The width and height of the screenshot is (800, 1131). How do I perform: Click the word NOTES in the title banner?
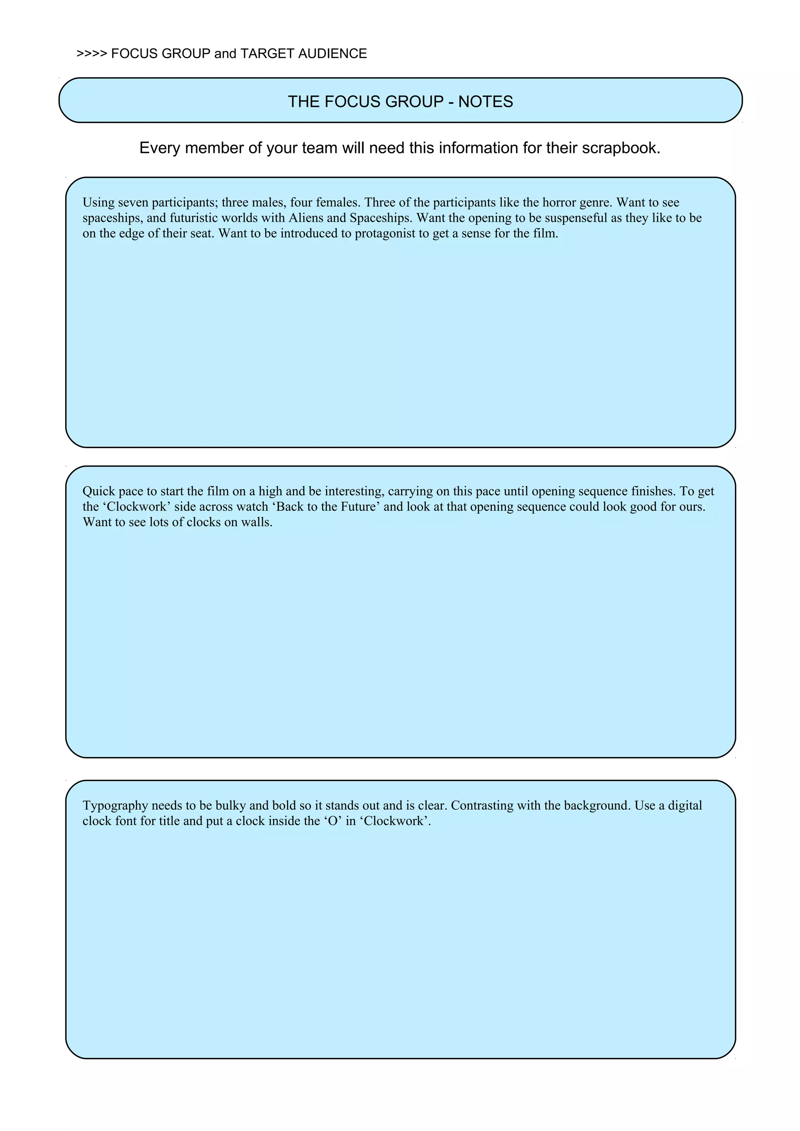(486, 101)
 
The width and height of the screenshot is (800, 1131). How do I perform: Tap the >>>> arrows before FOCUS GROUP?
(92, 54)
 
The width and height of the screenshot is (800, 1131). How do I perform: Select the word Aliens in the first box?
(305, 218)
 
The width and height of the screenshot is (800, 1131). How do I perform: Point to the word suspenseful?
(576, 218)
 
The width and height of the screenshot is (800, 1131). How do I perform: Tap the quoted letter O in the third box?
(332, 821)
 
